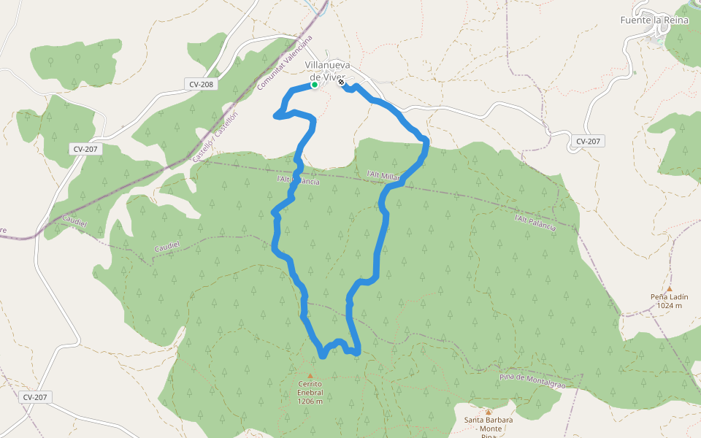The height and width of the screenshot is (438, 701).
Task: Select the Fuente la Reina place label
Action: click(655, 20)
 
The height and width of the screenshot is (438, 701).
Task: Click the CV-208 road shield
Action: click(201, 85)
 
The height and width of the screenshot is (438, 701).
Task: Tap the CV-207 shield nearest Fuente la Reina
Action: click(588, 141)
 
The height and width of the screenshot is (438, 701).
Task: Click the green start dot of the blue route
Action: click(314, 85)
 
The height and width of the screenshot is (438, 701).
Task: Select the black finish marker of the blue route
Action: click(341, 82)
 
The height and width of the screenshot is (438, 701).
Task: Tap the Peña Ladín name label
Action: click(669, 297)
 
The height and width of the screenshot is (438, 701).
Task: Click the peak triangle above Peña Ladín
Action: click(669, 288)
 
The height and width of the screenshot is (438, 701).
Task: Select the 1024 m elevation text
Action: click(669, 306)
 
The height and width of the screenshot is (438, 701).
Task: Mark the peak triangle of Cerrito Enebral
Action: click(310, 375)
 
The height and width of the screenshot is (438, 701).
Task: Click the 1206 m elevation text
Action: click(310, 401)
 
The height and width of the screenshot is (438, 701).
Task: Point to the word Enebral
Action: click(310, 392)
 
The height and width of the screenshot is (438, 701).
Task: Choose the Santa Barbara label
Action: click(489, 420)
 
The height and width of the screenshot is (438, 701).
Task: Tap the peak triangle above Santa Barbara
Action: click(489, 412)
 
